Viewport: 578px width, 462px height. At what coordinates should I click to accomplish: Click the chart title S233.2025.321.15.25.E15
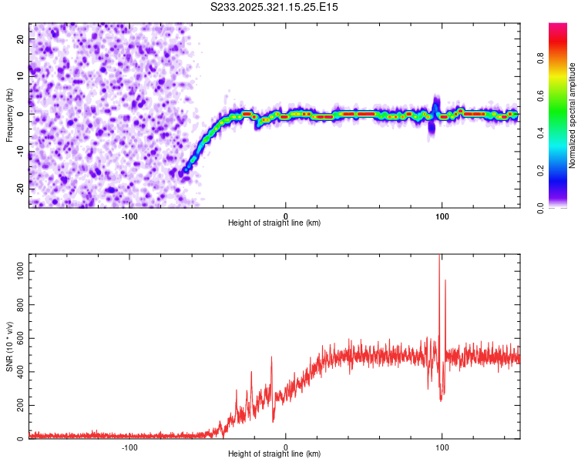coord(275,7)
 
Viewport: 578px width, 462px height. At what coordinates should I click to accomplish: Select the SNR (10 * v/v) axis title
coord(9,346)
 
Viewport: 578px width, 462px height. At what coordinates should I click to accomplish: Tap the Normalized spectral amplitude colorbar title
coord(573,115)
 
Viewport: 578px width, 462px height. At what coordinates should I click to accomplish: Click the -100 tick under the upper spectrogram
coord(129,216)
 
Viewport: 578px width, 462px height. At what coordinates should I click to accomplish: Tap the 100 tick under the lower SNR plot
coord(442,447)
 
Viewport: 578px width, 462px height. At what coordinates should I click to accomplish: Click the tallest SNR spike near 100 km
coord(439,258)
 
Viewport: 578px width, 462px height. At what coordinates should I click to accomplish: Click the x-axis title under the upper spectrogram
coord(274,223)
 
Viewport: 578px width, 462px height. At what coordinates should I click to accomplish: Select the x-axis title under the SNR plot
coord(274,455)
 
